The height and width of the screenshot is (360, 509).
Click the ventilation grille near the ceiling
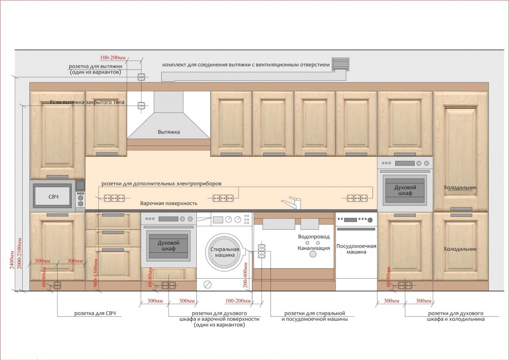point(341,64)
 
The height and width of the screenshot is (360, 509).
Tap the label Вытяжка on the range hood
point(169,132)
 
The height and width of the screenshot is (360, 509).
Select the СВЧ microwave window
point(53,196)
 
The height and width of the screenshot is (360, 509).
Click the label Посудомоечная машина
point(356,249)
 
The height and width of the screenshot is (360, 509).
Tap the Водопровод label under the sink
point(314,236)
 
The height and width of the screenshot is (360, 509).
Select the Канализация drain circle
point(313,254)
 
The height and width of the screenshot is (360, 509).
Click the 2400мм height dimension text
point(12,260)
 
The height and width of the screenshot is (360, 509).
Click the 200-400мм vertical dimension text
point(245,275)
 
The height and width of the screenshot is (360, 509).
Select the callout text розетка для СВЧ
point(95,313)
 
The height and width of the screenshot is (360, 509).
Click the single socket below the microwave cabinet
point(57,286)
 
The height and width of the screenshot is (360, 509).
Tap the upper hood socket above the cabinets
point(141,77)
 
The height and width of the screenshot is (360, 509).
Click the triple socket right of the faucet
point(357,198)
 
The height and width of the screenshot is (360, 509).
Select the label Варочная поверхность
point(169,203)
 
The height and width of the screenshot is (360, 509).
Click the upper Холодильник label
point(460,187)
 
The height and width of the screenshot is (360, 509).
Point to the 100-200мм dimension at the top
point(113,58)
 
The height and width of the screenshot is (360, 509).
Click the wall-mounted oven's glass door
point(405,190)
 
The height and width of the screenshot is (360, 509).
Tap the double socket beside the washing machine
point(262,251)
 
